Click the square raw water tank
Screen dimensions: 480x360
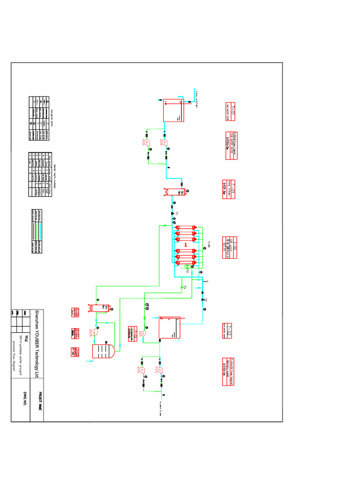click(x=174, y=110)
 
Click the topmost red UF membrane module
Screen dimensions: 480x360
click(x=185, y=228)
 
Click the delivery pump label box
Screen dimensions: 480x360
click(x=228, y=373)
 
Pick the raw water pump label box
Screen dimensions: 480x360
click(x=230, y=145)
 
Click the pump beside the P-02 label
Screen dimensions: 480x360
click(x=143, y=334)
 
